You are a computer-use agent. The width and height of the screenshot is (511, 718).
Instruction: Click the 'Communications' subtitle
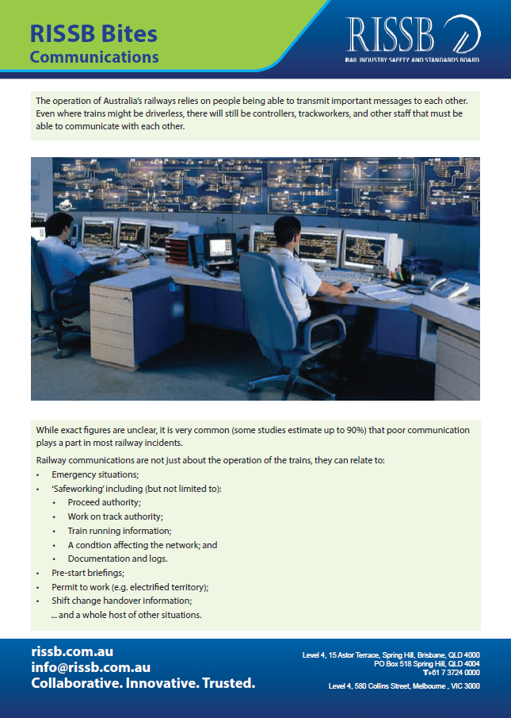(x=94, y=57)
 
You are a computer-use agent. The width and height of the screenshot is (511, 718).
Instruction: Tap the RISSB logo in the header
(x=412, y=36)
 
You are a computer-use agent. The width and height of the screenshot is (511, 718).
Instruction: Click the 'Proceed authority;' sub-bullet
(x=105, y=502)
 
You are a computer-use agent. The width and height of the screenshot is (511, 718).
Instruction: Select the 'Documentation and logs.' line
(x=116, y=559)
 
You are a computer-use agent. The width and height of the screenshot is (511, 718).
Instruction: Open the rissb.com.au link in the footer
(x=72, y=651)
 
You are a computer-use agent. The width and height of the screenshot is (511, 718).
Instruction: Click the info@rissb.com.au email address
(x=90, y=667)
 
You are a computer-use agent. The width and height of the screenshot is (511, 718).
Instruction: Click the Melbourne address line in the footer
(x=403, y=685)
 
